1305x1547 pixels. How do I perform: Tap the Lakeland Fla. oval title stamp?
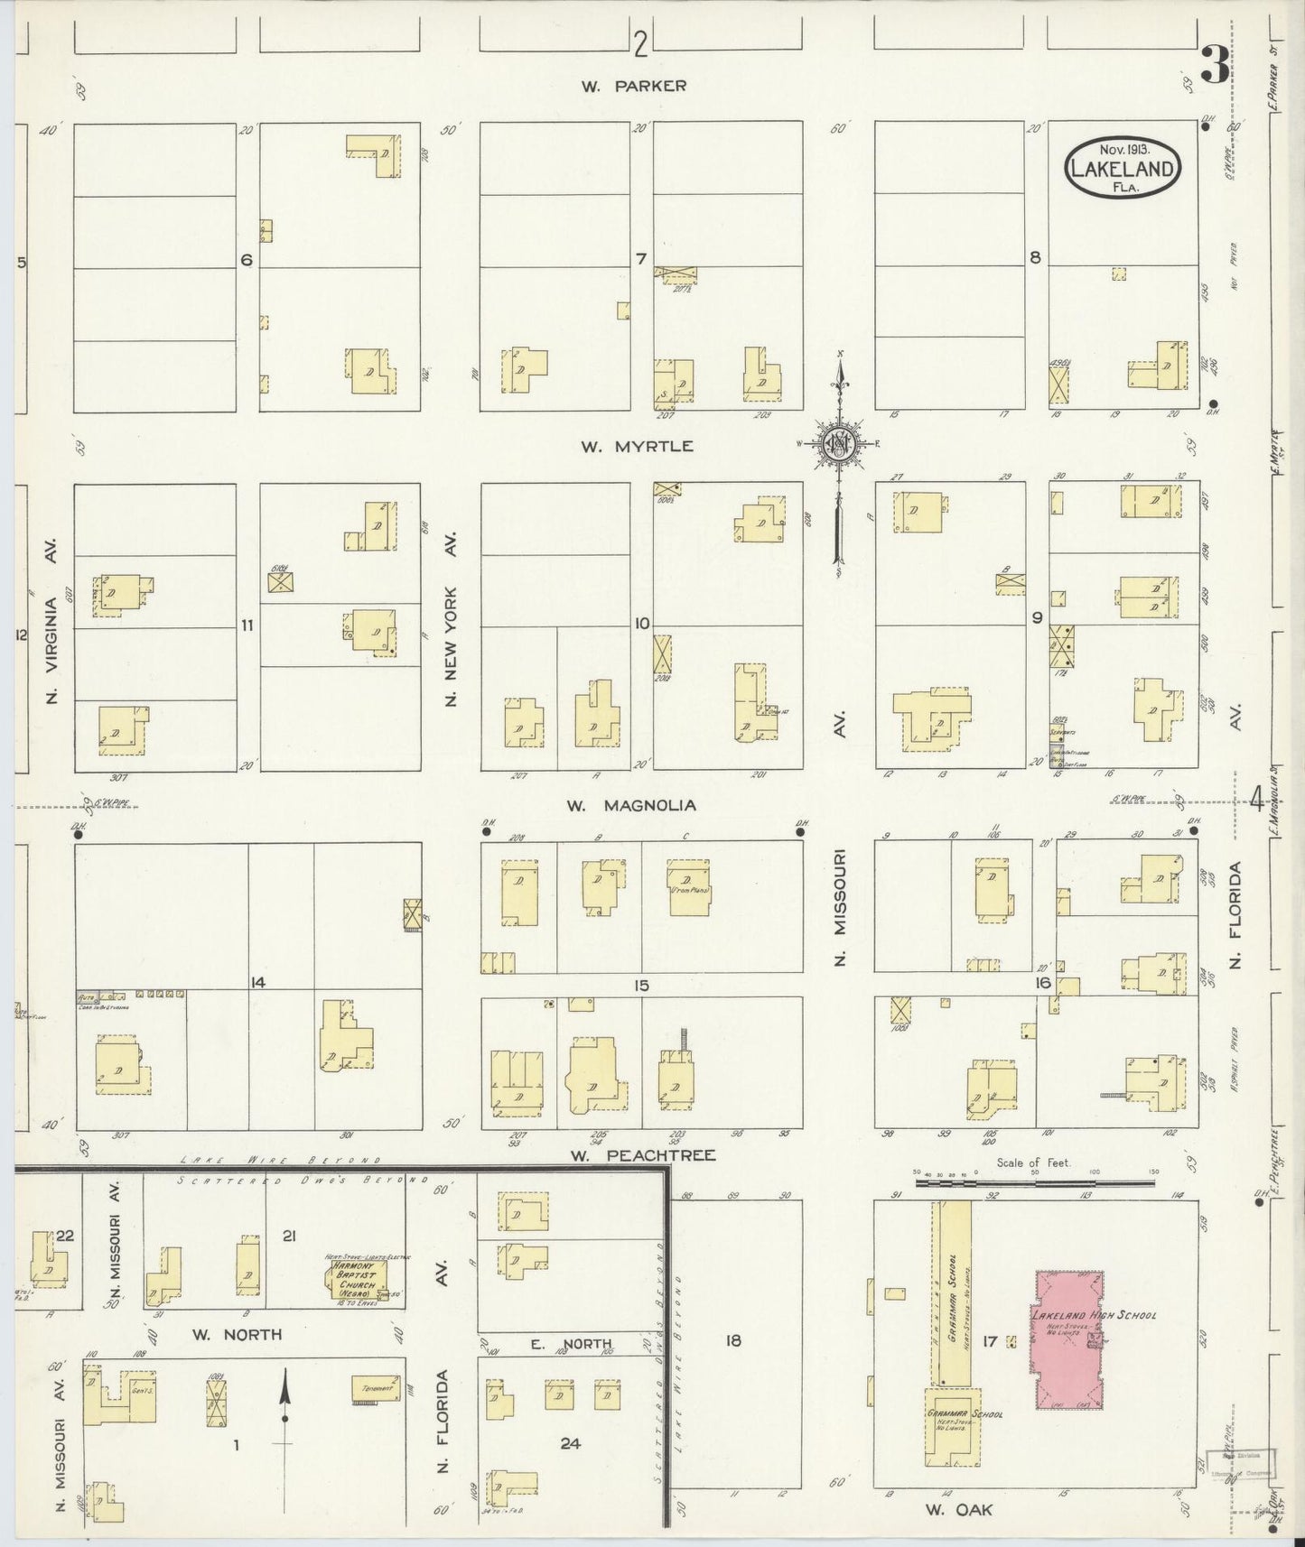click(1123, 169)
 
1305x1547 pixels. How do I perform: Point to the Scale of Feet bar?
click(1034, 1178)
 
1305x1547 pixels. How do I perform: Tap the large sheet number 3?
click(1215, 65)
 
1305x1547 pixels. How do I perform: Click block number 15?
click(640, 986)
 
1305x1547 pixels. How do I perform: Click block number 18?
click(732, 1341)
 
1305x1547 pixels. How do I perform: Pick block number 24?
click(569, 1443)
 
